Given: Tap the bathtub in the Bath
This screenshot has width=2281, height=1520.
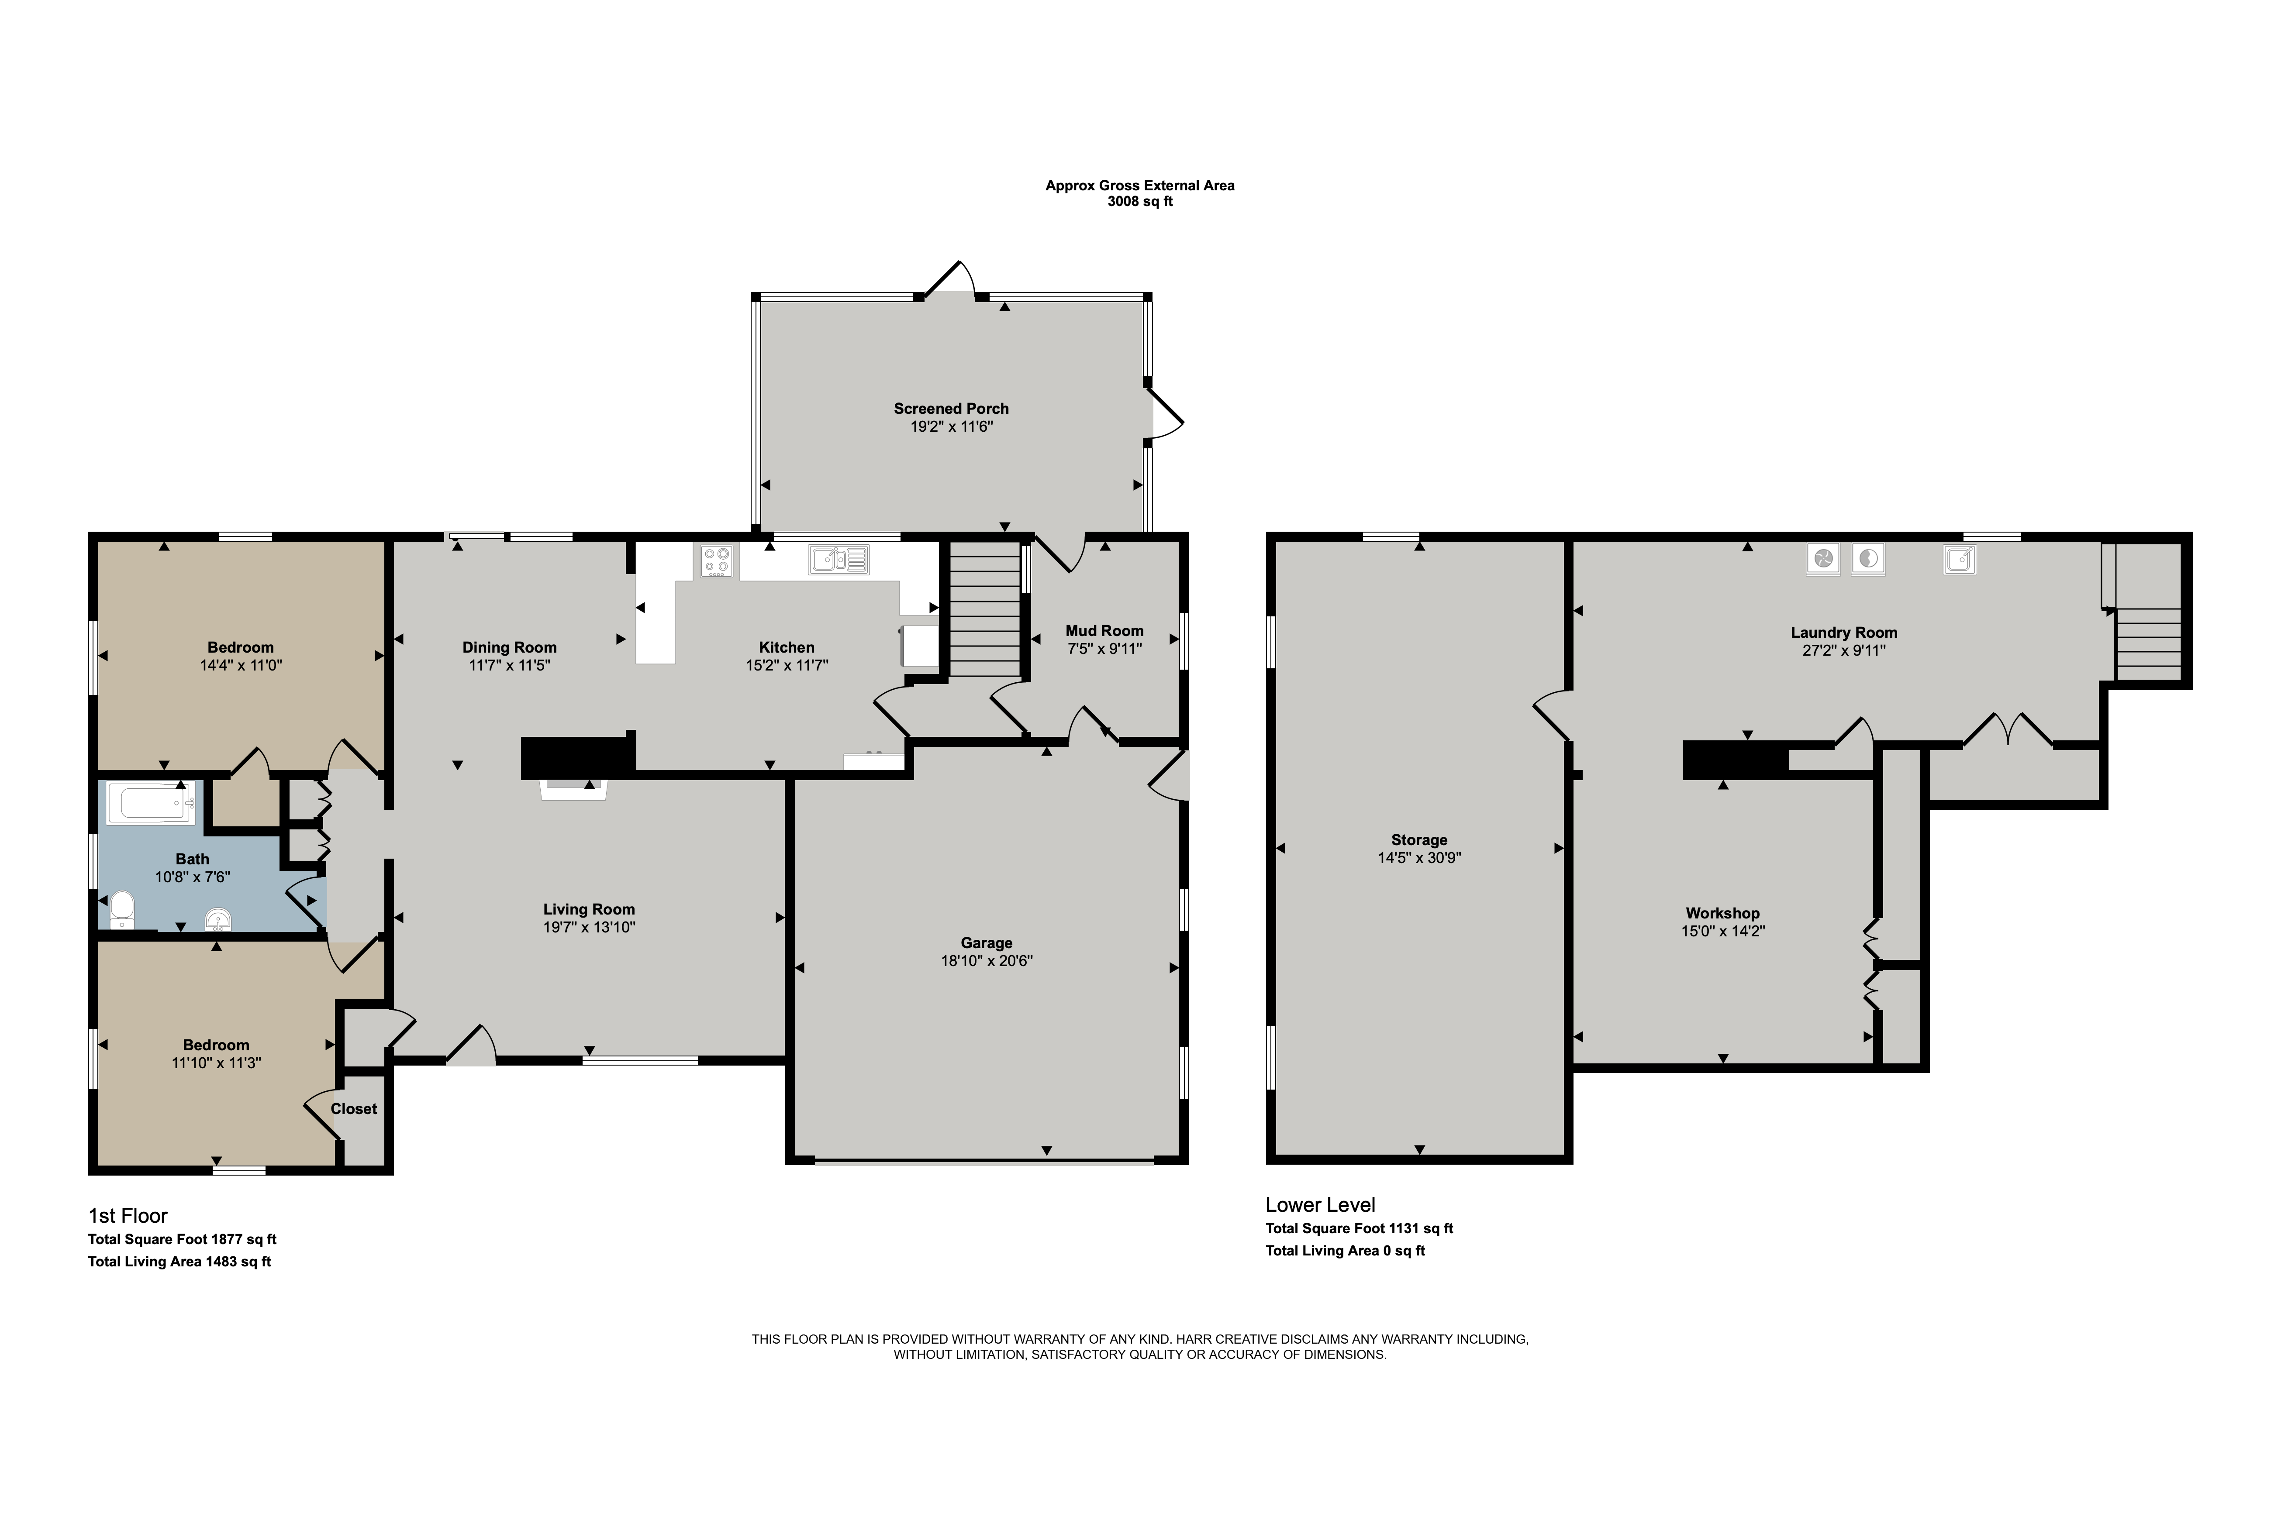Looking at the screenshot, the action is point(151,804).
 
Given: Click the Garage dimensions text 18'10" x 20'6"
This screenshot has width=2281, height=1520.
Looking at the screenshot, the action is point(986,961).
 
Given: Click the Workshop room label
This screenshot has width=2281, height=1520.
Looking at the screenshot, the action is point(1722,913).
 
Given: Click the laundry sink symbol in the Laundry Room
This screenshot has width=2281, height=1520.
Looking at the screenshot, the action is point(1959,559).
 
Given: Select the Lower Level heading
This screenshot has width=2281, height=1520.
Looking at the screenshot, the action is point(1320,1205).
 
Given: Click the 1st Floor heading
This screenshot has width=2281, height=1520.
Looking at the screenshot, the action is point(128,1216).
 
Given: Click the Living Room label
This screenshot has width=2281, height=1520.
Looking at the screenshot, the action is point(589,909).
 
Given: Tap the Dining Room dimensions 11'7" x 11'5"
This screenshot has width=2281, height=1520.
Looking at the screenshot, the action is point(509,665).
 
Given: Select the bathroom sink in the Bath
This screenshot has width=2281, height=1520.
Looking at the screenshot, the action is point(218,918).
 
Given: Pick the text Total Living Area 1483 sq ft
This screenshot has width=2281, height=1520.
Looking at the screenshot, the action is point(179,1261).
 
